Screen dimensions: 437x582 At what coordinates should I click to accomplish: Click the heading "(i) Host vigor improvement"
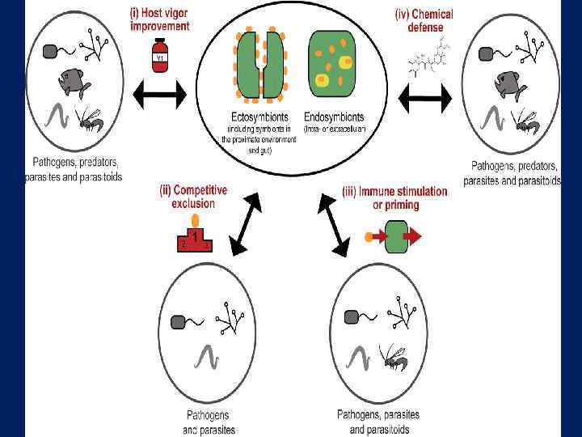(160, 19)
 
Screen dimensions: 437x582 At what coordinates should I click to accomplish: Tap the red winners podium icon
(195, 240)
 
